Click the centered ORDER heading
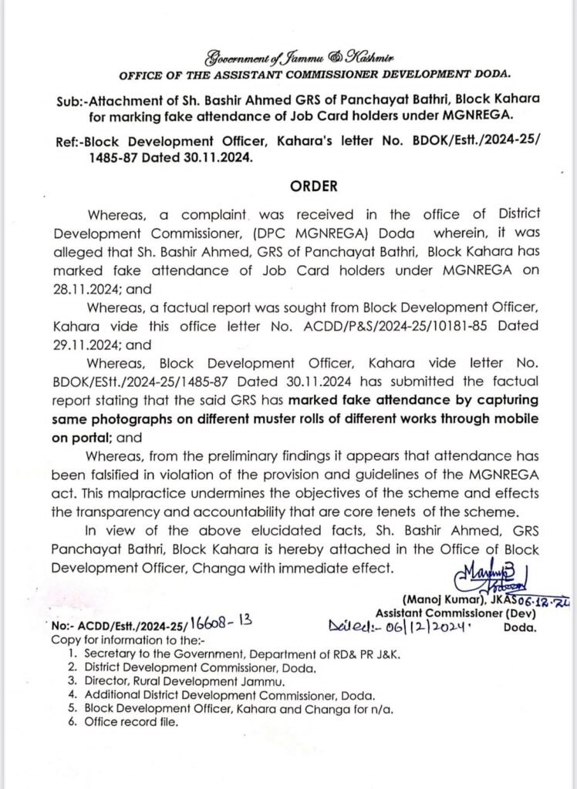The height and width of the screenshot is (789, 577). tap(313, 186)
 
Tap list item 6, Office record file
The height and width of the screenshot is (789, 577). tap(129, 722)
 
